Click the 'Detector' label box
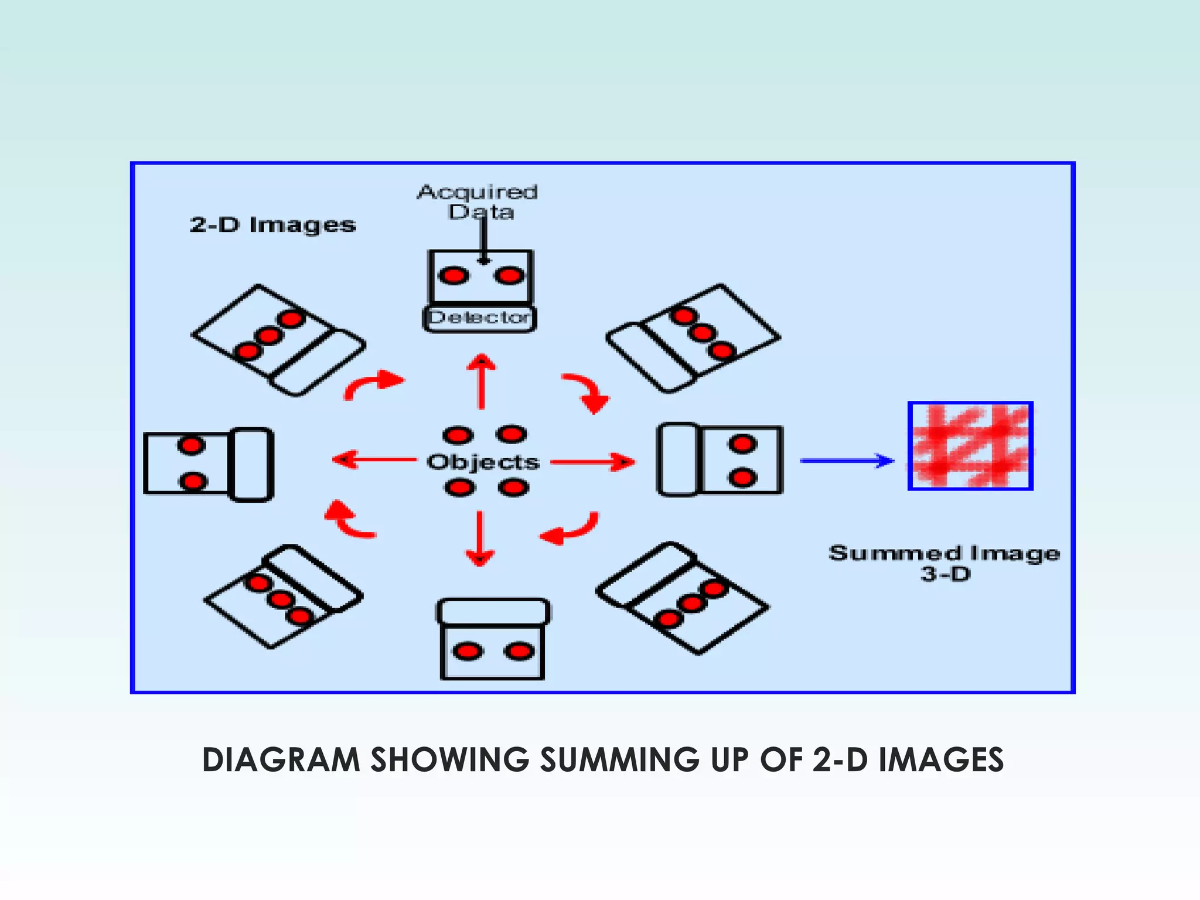479,318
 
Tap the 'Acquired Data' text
478,201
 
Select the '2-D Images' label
272,224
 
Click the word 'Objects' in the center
483,462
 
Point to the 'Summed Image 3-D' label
945,562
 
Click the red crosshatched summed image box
970,446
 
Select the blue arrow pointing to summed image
847,461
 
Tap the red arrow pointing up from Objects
481,381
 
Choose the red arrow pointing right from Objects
592,462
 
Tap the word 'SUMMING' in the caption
619,760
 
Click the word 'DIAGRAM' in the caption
281,760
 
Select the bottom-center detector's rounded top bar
493,611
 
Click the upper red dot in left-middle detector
191,446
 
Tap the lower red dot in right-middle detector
742,478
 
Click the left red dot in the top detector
454,275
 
